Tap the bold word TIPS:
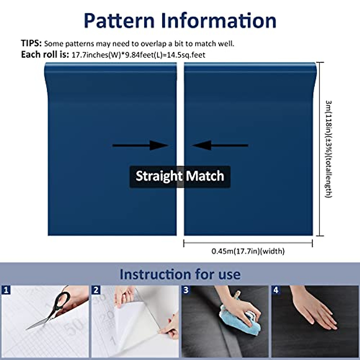pyautogui.click(x=31, y=43)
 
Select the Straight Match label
pyautogui.click(x=180, y=176)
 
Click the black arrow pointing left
pyautogui.click(x=220, y=145)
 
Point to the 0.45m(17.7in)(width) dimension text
pyautogui.click(x=248, y=251)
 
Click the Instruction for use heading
pyautogui.click(x=180, y=274)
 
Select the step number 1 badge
pyautogui.click(x=6, y=290)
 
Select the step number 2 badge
pyautogui.click(x=96, y=290)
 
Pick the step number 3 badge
pyautogui.click(x=186, y=290)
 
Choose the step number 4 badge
pyautogui.click(x=276, y=290)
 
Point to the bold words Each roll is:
pyautogui.click(x=45, y=55)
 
